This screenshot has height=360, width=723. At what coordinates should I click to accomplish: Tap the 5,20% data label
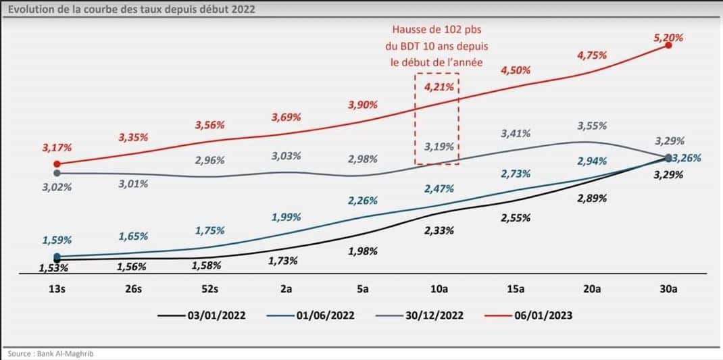[x=668, y=38]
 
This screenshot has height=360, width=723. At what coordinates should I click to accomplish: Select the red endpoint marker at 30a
[x=668, y=45]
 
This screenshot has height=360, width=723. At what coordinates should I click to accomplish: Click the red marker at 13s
[x=57, y=163]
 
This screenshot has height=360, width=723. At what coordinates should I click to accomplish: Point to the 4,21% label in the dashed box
[x=437, y=86]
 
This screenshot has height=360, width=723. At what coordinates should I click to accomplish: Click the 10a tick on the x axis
[x=439, y=289]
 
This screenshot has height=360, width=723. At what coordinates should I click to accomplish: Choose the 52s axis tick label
[x=210, y=289]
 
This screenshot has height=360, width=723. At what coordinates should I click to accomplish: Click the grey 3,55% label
[x=592, y=126]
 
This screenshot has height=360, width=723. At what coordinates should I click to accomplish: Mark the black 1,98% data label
[x=362, y=251]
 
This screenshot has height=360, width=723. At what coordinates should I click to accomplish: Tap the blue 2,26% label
[x=362, y=200]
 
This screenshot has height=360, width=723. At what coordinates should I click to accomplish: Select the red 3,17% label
[x=57, y=147]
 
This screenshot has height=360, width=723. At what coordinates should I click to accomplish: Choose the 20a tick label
[x=592, y=289]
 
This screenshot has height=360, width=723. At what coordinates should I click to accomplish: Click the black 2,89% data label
[x=592, y=199]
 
